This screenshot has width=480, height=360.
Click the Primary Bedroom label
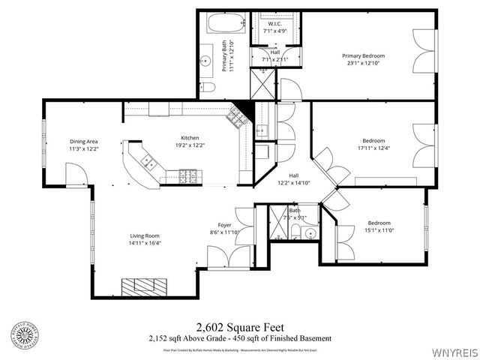363,56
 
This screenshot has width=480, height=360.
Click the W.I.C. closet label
274,24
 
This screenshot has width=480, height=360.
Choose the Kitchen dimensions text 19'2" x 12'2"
189,145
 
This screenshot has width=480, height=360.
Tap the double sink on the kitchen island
148,162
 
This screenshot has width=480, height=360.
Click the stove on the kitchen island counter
188,177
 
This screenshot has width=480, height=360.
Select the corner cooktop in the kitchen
237,115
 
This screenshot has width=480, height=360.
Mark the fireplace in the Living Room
146,285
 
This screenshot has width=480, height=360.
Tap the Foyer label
225,224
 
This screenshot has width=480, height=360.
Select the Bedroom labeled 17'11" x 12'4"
373,145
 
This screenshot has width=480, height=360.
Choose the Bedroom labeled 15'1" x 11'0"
378,226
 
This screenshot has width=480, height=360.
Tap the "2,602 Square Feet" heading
238,327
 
